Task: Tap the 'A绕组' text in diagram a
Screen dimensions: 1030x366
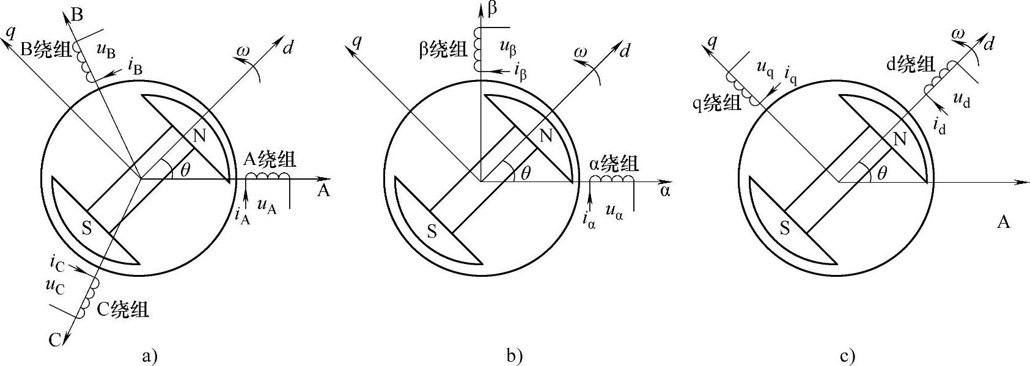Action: (x=270, y=160)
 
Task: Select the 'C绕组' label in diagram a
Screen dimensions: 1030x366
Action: (x=123, y=310)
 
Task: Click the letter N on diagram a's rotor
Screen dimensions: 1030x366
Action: (x=199, y=136)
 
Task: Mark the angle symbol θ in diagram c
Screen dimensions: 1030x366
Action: (x=881, y=173)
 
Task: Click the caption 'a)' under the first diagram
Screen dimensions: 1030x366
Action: (x=149, y=356)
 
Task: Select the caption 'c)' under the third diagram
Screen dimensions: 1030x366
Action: (x=847, y=356)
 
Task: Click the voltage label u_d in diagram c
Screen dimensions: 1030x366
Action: (x=961, y=101)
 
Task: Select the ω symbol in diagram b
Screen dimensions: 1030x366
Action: (x=581, y=54)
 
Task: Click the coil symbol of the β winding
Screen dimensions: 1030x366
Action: (x=477, y=49)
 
